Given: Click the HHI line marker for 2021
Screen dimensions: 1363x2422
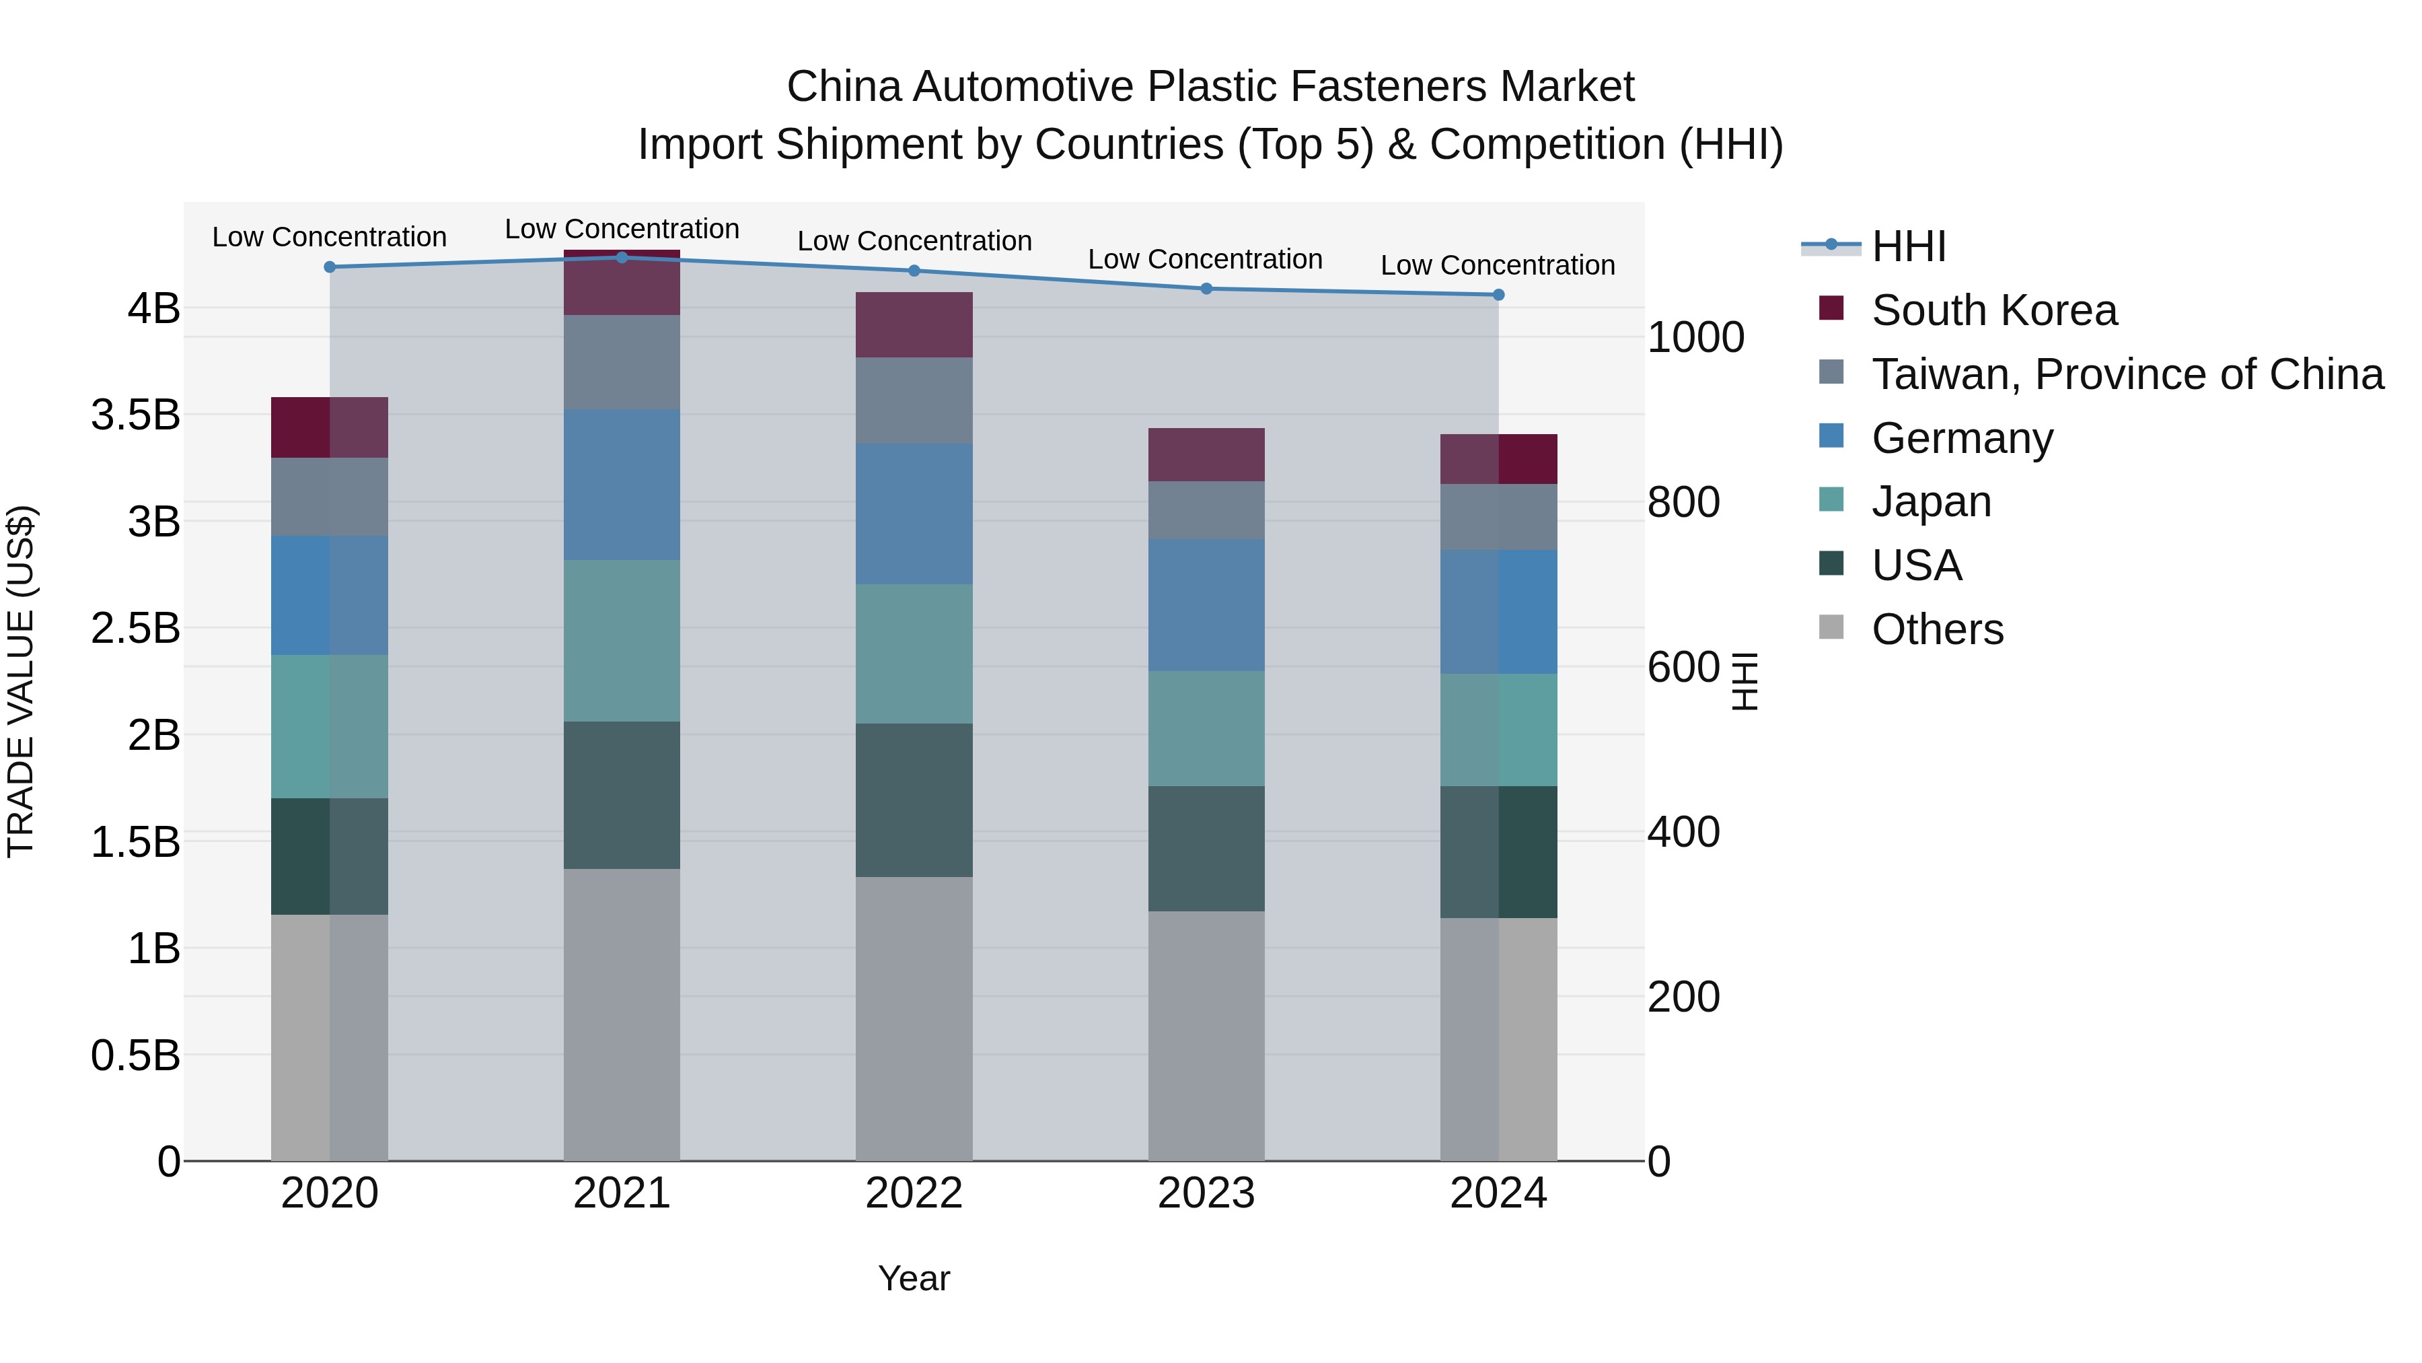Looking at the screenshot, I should [x=622, y=258].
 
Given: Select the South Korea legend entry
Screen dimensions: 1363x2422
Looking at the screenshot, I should [x=1993, y=310].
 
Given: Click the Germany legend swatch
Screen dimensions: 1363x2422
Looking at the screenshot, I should [x=1831, y=436].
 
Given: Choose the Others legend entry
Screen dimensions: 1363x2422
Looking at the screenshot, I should [x=1937, y=629].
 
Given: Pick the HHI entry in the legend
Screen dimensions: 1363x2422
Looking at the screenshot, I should [x=1908, y=246].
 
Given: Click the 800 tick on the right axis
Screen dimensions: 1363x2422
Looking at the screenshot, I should [x=1683, y=502].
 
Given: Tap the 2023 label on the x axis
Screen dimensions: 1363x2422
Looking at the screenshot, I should [x=1206, y=1193].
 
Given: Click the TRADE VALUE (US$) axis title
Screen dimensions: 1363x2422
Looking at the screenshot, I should [x=21, y=682].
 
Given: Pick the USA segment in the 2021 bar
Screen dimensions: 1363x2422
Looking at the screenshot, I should [x=622, y=795].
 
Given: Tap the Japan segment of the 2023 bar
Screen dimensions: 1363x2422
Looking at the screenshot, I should [x=1206, y=729].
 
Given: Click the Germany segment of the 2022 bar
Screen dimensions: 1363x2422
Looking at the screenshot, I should [x=914, y=514].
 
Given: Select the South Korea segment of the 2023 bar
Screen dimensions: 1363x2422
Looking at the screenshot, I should [x=1206, y=455].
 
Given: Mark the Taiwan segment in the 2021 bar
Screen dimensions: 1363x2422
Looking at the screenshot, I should [x=622, y=362].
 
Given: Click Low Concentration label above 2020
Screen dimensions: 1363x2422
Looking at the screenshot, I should [x=329, y=237].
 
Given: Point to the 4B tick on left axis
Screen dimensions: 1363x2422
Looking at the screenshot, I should [x=154, y=308].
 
